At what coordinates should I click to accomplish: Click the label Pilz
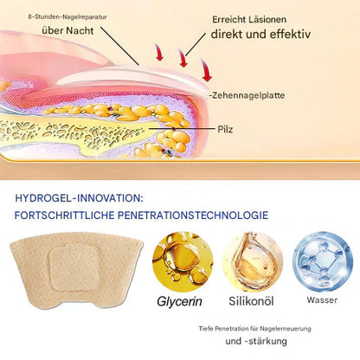(225, 129)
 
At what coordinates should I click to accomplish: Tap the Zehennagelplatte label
(248, 95)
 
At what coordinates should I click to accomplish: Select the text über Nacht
(67, 30)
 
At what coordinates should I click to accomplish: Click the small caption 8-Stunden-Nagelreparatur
(67, 16)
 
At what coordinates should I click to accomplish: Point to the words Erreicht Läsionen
(249, 20)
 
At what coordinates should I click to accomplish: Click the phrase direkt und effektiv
(260, 34)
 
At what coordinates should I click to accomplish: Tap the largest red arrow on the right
(206, 70)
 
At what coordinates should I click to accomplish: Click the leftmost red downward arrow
(159, 52)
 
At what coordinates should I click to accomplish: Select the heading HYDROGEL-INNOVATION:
(79, 198)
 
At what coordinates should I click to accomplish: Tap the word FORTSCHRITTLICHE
(64, 215)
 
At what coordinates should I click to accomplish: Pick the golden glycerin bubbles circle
(183, 261)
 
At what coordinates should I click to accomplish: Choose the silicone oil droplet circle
(253, 261)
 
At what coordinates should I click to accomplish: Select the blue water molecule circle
(323, 261)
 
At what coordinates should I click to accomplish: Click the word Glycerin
(179, 301)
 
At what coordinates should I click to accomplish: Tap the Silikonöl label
(251, 301)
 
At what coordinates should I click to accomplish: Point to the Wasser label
(322, 300)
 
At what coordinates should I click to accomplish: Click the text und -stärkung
(256, 341)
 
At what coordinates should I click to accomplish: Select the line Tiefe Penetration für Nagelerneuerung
(255, 329)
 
